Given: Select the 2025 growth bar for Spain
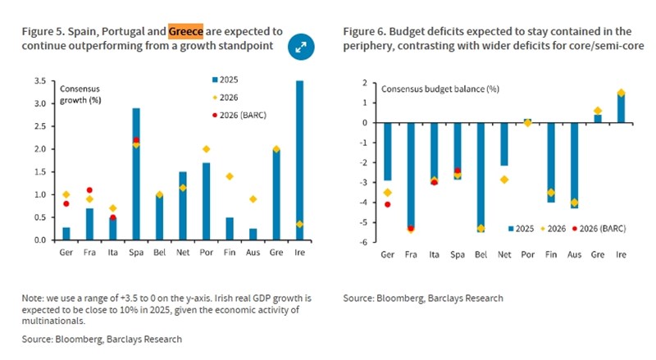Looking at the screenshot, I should tap(135, 174).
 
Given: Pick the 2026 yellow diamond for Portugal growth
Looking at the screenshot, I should tap(206, 149).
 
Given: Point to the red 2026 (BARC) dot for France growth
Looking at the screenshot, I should tap(89, 190).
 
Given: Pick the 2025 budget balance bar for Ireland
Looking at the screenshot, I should tap(622, 107).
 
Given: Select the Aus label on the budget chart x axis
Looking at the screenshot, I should tap(575, 255).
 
